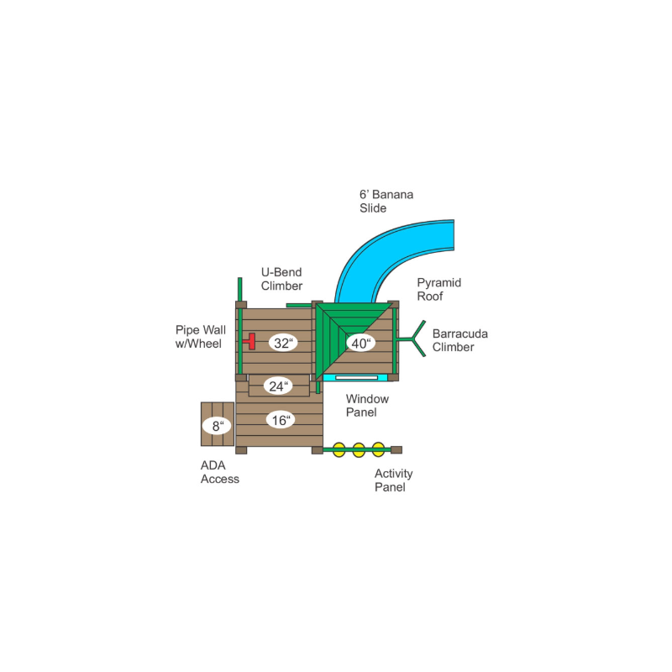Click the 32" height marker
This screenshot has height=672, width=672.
[283, 343]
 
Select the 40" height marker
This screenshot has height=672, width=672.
[360, 343]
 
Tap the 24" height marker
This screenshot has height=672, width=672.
[278, 386]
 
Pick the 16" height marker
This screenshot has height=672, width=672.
[281, 420]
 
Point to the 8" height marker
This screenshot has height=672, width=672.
[218, 426]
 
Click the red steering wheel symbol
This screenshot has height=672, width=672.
[249, 341]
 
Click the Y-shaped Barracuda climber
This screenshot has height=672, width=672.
[412, 339]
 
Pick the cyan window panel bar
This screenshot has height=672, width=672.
[355, 377]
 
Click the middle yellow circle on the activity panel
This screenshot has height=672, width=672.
[359, 450]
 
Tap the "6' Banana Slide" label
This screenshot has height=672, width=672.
[386, 201]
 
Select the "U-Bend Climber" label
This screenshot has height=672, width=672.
[281, 279]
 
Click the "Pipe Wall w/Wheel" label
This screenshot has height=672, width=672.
[200, 337]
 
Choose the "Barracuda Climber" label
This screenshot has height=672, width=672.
[459, 340]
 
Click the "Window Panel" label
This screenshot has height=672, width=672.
[367, 406]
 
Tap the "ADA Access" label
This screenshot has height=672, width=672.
[219, 472]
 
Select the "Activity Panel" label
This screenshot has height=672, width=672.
[393, 480]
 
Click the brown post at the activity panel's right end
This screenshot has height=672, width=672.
[396, 449]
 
